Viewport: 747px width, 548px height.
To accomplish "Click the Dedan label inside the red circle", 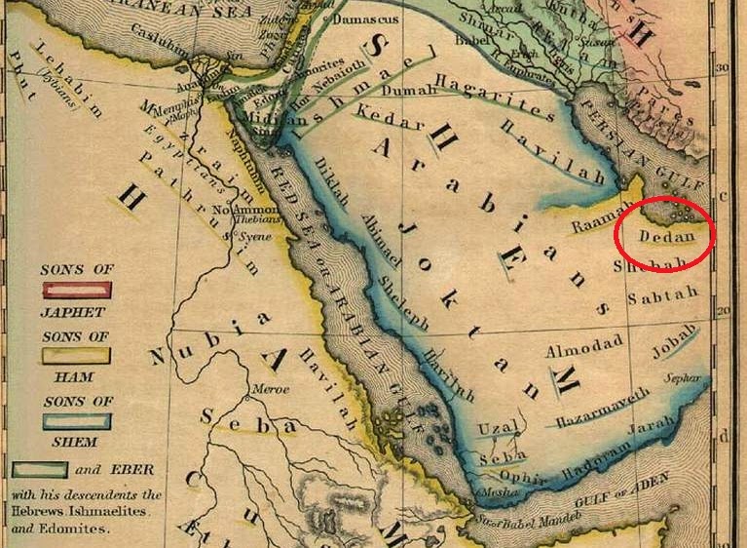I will (667, 236).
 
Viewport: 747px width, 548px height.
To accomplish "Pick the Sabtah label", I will (663, 294).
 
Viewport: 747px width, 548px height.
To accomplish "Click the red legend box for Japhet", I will (76, 289).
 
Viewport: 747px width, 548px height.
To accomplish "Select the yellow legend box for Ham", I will (76, 355).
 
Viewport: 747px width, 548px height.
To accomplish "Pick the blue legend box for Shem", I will (76, 421).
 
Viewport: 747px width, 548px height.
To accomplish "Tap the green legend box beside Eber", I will (39, 469).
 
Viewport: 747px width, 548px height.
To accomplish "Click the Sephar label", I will (681, 376).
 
